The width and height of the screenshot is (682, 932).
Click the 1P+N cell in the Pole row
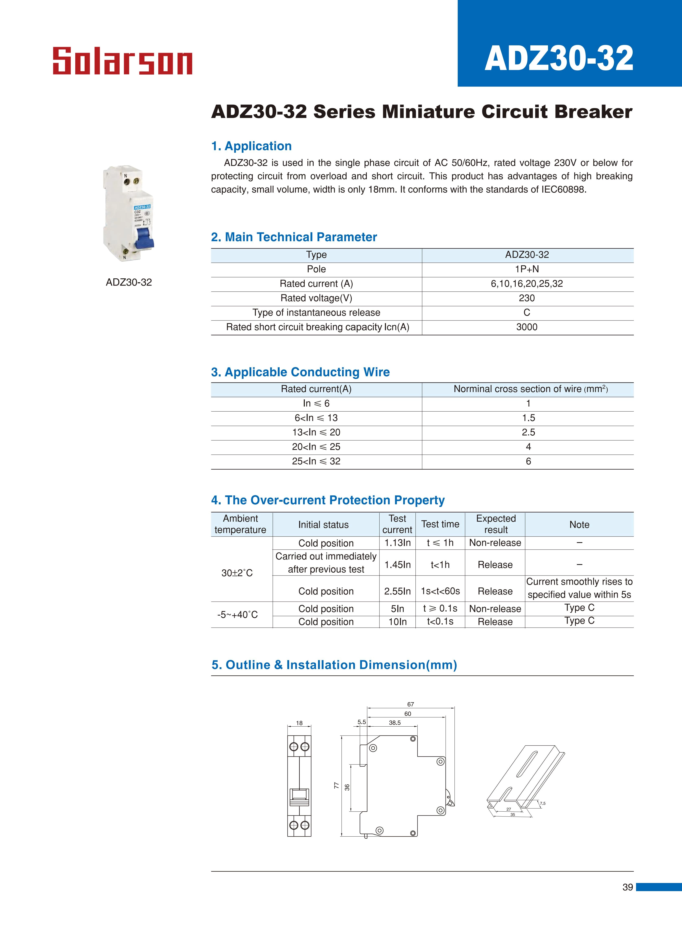coord(527,269)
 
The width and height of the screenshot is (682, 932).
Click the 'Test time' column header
coord(440,524)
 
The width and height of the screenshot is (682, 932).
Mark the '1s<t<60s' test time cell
coord(440,591)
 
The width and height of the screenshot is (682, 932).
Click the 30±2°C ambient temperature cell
coord(237,573)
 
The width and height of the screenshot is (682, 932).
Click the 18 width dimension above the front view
coord(299,723)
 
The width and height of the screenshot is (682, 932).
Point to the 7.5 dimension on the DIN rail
coord(543,803)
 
